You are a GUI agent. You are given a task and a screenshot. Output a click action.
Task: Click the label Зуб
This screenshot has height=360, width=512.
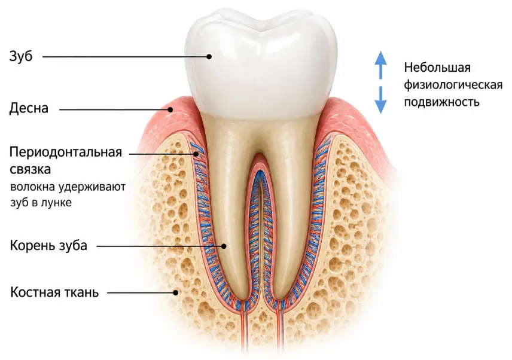pos(21,56)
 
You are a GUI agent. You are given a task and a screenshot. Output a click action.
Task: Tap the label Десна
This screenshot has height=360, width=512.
pos(29,108)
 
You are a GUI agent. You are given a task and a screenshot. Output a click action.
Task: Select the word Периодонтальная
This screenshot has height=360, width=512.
pos(66,152)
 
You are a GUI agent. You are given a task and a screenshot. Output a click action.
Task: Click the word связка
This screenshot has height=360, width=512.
pos(31,170)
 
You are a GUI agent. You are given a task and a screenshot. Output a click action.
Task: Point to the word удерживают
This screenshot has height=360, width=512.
pos(92,188)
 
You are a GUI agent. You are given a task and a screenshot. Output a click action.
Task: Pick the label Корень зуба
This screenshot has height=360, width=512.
pos(48,245)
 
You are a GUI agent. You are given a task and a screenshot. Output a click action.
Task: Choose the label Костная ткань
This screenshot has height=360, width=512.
pos(54,292)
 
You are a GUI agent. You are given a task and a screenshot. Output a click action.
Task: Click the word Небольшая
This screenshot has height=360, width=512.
pos(437,68)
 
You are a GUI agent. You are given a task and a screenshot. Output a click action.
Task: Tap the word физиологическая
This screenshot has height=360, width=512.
pos(453,85)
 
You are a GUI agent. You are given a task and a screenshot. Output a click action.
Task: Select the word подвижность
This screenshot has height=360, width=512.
pos(442,102)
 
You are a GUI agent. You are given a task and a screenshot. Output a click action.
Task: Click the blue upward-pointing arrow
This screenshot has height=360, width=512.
pos(380,65)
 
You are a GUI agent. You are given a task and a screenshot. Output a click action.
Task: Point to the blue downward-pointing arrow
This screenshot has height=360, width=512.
pos(380,99)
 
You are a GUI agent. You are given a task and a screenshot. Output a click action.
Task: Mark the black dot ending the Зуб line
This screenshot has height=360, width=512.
pos(209,56)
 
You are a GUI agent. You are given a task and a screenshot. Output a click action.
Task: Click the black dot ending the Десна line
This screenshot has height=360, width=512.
pos(170,109)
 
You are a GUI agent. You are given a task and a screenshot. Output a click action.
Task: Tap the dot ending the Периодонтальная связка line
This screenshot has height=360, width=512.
pos(197,154)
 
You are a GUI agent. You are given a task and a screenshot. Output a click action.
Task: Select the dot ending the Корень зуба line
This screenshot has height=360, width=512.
pos(224,246)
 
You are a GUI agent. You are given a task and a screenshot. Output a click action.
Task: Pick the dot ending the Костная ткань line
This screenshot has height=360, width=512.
pos(176,292)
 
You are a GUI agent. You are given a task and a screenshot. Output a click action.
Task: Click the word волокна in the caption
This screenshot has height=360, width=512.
pos(33,188)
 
